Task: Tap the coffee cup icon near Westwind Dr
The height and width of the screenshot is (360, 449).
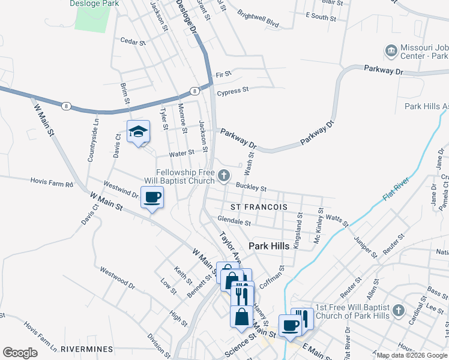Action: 152,197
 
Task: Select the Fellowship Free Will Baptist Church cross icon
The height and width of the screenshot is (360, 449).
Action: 224,176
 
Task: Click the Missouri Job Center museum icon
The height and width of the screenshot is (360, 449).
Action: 391,50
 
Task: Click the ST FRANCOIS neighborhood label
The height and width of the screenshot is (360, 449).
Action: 259,207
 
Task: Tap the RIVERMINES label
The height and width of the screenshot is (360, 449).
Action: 87,349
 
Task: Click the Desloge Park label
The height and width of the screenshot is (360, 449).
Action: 94,4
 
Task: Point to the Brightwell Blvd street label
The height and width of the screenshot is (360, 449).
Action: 258,20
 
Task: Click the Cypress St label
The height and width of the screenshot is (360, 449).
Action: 233,91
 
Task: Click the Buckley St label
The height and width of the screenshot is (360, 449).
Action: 251,187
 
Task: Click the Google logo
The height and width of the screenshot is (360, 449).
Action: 20,353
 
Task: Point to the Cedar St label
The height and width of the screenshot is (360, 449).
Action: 133,42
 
